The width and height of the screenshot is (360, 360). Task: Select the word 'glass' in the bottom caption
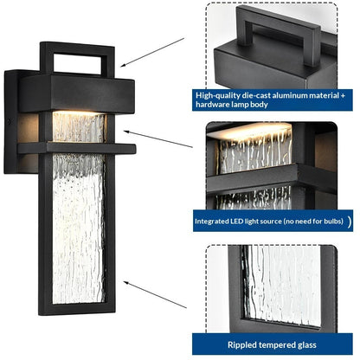pyautogui.click(x=306, y=345)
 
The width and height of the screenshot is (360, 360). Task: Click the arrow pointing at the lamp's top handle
pyautogui.click(x=152, y=53)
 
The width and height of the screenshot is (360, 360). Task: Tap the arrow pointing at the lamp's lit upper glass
pyautogui.click(x=158, y=139)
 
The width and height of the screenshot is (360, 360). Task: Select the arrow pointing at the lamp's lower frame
pyautogui.click(x=155, y=294)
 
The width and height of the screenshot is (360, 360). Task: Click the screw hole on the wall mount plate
pyautogui.click(x=10, y=122)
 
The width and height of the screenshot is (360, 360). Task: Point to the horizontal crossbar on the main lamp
pyautogui.click(x=77, y=148)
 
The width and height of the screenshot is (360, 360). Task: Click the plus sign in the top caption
pyautogui.click(x=343, y=96)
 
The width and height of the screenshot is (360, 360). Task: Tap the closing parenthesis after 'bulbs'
pyautogui.click(x=350, y=222)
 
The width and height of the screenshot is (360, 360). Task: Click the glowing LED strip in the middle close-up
pyautogui.click(x=250, y=132)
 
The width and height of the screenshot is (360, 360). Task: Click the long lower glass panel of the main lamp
pyautogui.click(x=79, y=228)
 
